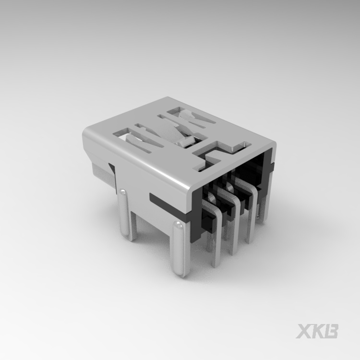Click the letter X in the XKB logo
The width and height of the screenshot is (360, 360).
pyautogui.click(x=303, y=331)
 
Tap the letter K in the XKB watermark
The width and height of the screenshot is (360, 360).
pyautogui.click(x=317, y=331)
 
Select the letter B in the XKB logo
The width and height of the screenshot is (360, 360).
pyautogui.click(x=331, y=331)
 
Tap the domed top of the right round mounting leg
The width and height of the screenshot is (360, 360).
pyautogui.click(x=179, y=225)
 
